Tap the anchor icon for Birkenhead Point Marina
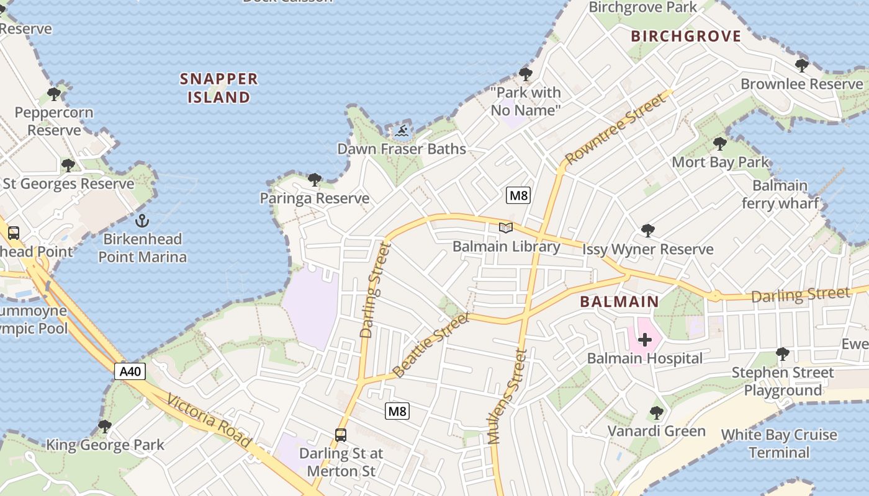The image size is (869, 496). (x=142, y=221)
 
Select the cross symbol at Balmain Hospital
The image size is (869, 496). (x=645, y=340)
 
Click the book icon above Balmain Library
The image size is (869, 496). (x=506, y=228)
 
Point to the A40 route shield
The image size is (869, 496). (x=131, y=371)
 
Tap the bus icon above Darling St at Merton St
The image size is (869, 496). (x=341, y=435)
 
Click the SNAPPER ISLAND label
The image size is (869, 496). (x=218, y=88)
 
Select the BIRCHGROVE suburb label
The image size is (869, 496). (x=686, y=36)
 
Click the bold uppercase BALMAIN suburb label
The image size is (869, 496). (x=619, y=302)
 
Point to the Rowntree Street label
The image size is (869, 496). (x=611, y=129)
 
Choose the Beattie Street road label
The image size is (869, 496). (x=431, y=345)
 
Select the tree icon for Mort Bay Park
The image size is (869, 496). (x=719, y=144)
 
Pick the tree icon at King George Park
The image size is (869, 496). (x=105, y=427)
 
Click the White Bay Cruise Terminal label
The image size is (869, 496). (x=779, y=443)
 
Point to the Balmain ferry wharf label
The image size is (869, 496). (x=780, y=194)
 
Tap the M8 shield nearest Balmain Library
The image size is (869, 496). (x=518, y=196)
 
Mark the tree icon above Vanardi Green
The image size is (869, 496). (x=656, y=413)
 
